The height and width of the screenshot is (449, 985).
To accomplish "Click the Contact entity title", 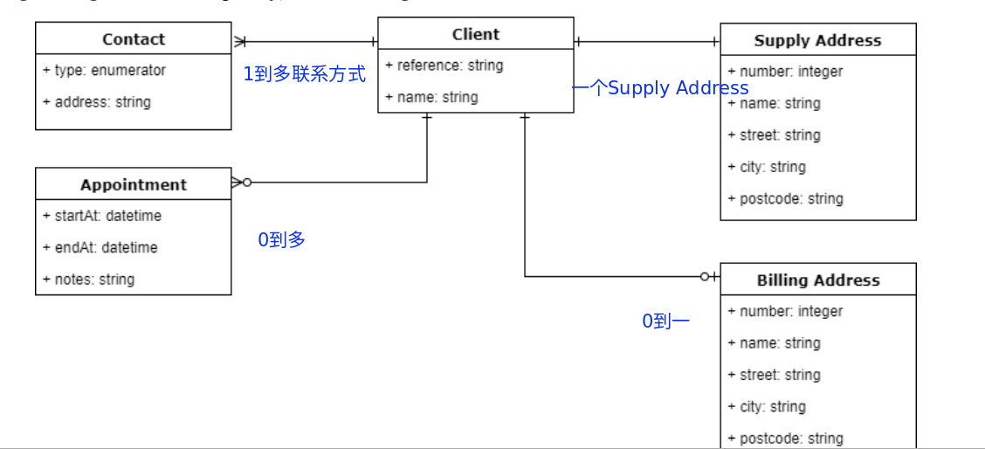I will [133, 39].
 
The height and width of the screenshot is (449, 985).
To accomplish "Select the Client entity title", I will [475, 34].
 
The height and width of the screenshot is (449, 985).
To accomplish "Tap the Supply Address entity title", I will [817, 40].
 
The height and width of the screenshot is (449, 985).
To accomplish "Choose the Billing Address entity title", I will [817, 280].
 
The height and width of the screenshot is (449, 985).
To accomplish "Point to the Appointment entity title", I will [133, 184].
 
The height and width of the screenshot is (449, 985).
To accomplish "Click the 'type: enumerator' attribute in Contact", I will [104, 70].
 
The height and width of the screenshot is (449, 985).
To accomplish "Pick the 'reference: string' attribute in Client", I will [444, 66].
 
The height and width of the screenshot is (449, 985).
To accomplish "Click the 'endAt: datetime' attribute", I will [100, 247].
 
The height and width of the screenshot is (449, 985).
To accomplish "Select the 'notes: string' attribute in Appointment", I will [88, 280].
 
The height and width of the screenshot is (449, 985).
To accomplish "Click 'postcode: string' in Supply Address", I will [785, 199].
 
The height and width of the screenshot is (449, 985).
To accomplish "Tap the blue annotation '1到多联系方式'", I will [304, 74].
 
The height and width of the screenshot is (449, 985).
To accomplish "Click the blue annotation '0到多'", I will [281, 239].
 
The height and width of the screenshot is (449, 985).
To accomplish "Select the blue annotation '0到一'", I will [665, 321].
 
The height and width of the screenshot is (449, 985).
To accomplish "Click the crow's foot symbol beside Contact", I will [240, 41].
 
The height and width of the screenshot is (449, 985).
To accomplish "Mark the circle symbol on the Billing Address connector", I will [705, 277].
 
